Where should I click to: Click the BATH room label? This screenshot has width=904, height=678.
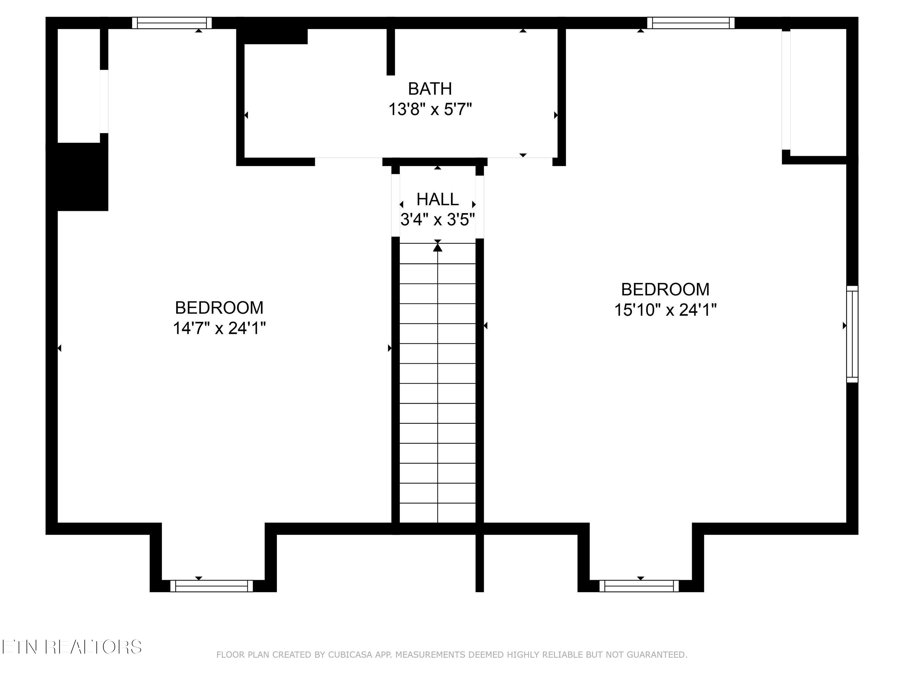point(430,89)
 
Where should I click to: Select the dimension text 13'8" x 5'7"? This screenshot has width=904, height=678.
point(430,109)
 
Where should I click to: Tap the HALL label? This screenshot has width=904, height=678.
point(437,199)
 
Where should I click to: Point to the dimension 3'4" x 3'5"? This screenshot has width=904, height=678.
point(437,220)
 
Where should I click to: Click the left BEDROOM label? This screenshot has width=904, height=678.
point(219,308)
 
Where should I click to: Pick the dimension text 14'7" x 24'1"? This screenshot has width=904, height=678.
point(219,328)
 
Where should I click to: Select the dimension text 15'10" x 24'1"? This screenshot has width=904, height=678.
point(665,310)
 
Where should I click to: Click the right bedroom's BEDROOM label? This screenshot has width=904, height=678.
point(665,289)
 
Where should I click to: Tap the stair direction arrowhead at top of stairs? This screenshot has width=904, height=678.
point(438,247)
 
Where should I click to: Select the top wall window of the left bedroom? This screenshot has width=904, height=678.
point(172,23)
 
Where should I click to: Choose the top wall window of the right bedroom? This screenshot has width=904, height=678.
point(691,23)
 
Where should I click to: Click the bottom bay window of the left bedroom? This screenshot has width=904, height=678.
point(211,586)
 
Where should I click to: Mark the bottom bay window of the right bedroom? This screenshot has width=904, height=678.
point(639,586)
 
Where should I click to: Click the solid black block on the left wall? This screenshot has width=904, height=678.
point(82,177)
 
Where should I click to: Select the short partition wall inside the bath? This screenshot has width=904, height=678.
point(391,52)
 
